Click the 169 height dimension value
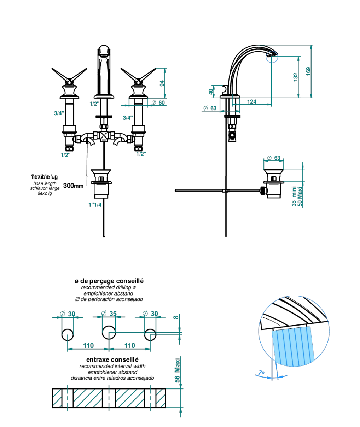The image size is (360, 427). [308, 71]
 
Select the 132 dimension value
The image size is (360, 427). [296, 77]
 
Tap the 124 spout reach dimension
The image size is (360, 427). [251, 102]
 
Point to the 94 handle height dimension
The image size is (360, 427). [162, 83]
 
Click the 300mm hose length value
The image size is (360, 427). [73, 186]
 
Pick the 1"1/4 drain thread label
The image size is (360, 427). [95, 205]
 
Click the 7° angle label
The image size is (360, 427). [261, 373]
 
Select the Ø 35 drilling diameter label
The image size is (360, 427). [109, 314]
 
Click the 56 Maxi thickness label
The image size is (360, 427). [177, 370]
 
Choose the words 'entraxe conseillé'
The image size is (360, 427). [112, 359]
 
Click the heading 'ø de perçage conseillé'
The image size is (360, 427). [109, 281]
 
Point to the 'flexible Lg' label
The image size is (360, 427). [45, 177]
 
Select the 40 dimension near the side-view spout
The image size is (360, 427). [211, 92]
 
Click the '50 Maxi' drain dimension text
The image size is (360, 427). [300, 197]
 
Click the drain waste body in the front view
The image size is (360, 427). [101, 184]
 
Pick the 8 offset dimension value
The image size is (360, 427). [176, 317]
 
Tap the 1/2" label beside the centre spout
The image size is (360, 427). [94, 104]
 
